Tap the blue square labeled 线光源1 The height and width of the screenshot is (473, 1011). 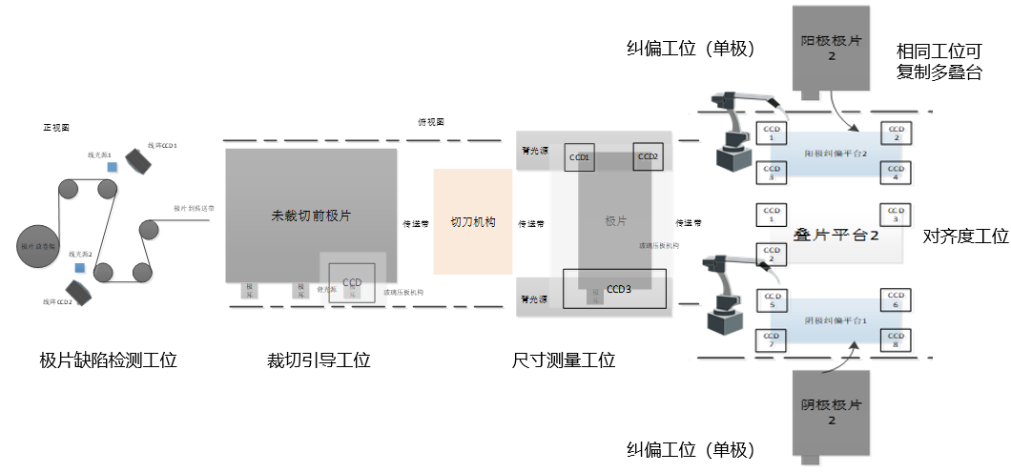click(113, 167)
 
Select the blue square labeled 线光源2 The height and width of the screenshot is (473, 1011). click(79, 268)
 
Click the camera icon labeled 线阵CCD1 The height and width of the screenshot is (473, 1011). click(137, 162)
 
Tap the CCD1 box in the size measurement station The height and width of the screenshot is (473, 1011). click(579, 157)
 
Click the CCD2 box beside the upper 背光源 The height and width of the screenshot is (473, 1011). click(648, 157)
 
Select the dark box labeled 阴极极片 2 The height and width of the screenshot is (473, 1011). click(831, 412)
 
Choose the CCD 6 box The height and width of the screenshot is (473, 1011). click(894, 300)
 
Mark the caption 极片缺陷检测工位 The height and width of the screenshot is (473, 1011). click(108, 360)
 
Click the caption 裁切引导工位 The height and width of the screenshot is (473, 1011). click(319, 360)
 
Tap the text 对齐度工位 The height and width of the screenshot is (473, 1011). click(965, 236)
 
